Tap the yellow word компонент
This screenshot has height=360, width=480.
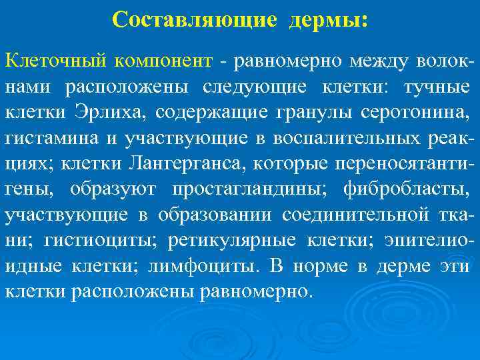click(163, 61)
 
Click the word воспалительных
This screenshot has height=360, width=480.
click(354, 137)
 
